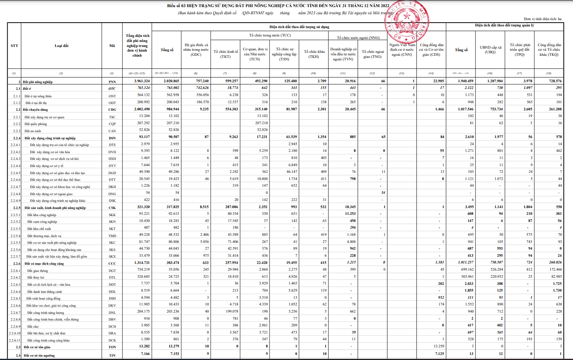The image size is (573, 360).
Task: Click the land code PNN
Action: [x=112, y=81]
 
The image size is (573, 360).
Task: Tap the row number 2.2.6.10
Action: [x=14, y=333]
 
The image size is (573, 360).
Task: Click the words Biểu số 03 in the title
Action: [x=178, y=6]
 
